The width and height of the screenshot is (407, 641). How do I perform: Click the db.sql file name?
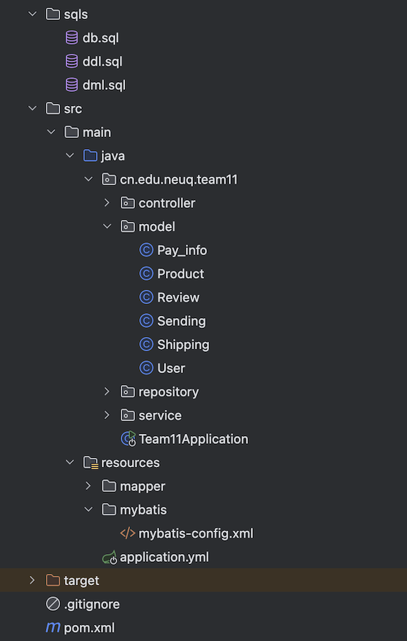pyautogui.click(x=100, y=38)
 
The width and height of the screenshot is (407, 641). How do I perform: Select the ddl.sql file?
pyautogui.click(x=102, y=61)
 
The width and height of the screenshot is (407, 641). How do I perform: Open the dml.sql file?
pyautogui.click(x=104, y=86)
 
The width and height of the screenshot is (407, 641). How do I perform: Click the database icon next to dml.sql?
pyautogui.click(x=71, y=85)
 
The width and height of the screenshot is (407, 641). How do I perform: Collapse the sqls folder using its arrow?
pyautogui.click(x=33, y=14)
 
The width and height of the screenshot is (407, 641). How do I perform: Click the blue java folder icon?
pyautogui.click(x=90, y=155)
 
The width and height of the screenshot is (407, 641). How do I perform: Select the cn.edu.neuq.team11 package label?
pyautogui.click(x=179, y=180)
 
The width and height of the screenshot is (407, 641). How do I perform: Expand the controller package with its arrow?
pyautogui.click(x=107, y=203)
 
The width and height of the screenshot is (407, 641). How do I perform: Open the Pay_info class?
pyautogui.click(x=182, y=250)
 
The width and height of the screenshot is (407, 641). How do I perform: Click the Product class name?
pyautogui.click(x=181, y=274)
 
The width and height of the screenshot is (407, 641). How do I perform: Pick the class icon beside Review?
pyautogui.click(x=146, y=298)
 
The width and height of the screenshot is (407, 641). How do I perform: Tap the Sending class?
pyautogui.click(x=182, y=321)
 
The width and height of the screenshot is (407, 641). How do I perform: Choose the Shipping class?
pyautogui.click(x=183, y=345)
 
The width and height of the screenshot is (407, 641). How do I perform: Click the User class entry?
pyautogui.click(x=171, y=368)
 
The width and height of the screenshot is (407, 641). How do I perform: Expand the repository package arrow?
pyautogui.click(x=107, y=392)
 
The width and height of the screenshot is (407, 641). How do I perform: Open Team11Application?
pyautogui.click(x=194, y=439)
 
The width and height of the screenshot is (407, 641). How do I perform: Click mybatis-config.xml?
pyautogui.click(x=196, y=534)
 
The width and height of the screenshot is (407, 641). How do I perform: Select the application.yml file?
pyautogui.click(x=164, y=557)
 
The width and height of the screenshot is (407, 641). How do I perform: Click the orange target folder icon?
pyautogui.click(x=53, y=580)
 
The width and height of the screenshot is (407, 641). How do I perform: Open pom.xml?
pyautogui.click(x=89, y=628)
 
